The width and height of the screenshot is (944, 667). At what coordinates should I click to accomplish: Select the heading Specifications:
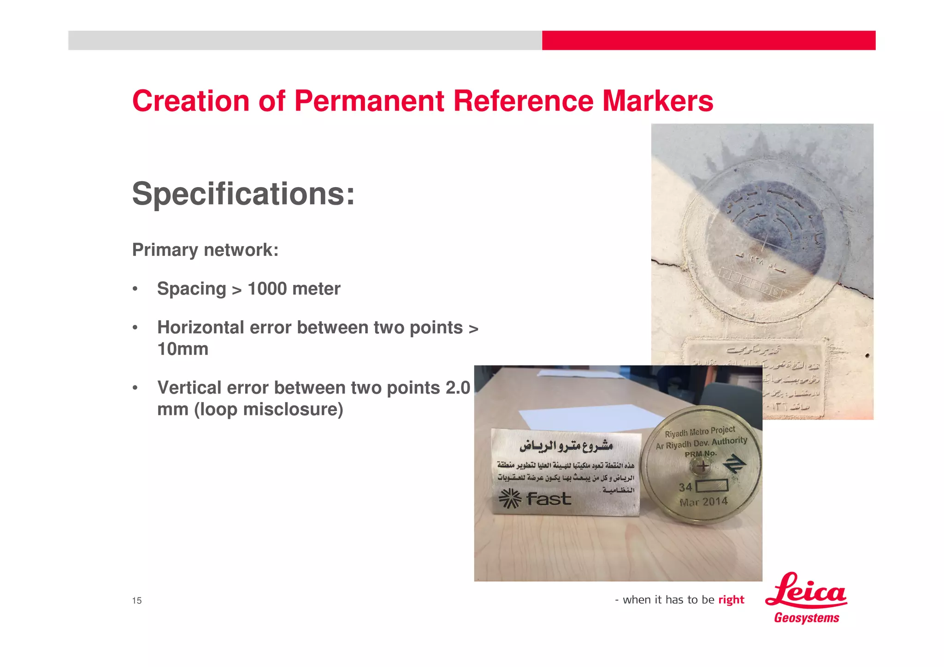coord(243,194)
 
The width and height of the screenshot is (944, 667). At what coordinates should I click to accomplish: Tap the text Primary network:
coord(205,250)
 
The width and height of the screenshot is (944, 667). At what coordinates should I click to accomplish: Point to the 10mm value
coord(183,349)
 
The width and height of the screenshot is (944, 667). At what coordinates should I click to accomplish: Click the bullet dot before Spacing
coord(135,289)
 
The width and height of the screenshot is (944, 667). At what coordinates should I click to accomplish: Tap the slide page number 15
coord(137,600)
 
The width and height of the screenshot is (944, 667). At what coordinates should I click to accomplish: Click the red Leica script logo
coord(805,591)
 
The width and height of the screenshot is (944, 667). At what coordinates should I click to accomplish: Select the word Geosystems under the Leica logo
coord(807,618)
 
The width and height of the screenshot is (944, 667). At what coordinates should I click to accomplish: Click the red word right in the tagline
coord(731,600)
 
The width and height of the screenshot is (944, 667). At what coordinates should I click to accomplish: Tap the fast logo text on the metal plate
coord(549,499)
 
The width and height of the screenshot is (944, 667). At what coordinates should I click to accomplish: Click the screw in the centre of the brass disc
coord(702,466)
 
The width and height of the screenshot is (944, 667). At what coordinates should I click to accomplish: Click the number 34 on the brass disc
coord(685,487)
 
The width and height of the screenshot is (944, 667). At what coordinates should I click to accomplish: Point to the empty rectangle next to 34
coord(712,486)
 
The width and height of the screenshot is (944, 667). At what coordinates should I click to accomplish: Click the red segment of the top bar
coord(708,41)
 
